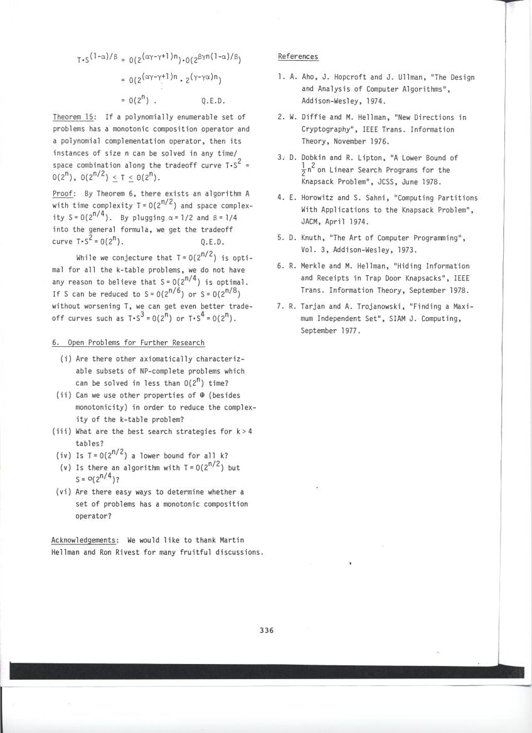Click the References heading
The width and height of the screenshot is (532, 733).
point(297,57)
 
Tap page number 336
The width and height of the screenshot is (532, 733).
point(267,630)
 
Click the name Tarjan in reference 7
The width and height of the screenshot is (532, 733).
point(314,306)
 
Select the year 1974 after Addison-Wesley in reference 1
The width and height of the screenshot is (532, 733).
point(374,100)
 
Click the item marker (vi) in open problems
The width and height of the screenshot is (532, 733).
point(63,492)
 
